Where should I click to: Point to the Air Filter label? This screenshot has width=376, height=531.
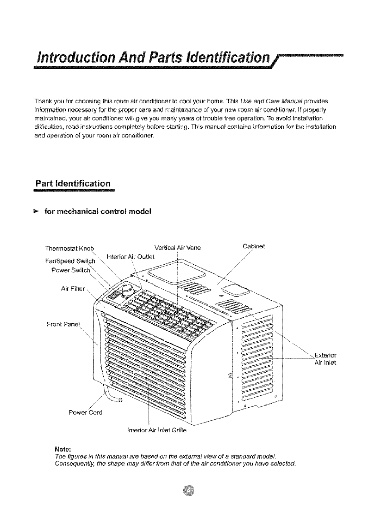coord(73,289)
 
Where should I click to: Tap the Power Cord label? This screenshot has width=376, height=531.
coord(86,412)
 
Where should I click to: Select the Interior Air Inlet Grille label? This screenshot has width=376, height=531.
coord(156,430)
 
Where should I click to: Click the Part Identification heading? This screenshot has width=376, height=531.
coord(73,184)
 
